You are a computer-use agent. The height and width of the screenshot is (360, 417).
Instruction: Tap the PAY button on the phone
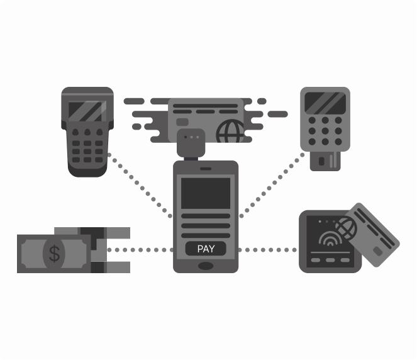(206, 249)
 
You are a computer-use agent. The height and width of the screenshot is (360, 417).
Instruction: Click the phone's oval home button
(206, 266)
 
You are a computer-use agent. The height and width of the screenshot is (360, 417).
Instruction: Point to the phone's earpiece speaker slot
(206, 169)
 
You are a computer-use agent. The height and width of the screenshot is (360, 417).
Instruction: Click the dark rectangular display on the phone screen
(206, 193)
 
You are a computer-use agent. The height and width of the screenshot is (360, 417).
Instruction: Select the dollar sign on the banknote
(55, 254)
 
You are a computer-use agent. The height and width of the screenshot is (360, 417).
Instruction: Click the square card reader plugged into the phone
(191, 143)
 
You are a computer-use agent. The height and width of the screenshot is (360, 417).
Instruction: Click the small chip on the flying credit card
(182, 122)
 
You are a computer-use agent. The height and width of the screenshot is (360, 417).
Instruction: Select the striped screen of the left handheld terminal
(87, 111)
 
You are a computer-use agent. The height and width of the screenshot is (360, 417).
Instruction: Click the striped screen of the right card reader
(325, 103)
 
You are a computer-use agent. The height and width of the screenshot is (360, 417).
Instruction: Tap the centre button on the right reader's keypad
(325, 131)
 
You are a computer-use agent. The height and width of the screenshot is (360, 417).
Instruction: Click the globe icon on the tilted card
(346, 228)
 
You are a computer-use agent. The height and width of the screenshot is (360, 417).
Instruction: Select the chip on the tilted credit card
(377, 251)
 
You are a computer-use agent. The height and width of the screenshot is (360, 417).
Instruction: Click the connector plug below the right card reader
(325, 160)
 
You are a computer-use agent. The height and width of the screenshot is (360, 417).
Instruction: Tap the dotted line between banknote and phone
(140, 250)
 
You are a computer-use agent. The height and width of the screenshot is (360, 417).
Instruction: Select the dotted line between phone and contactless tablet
(267, 250)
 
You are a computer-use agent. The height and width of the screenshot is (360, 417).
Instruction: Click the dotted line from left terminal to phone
(140, 186)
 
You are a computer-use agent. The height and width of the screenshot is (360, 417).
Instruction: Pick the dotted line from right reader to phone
(272, 185)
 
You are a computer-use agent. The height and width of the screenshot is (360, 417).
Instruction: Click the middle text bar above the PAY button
(206, 226)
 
